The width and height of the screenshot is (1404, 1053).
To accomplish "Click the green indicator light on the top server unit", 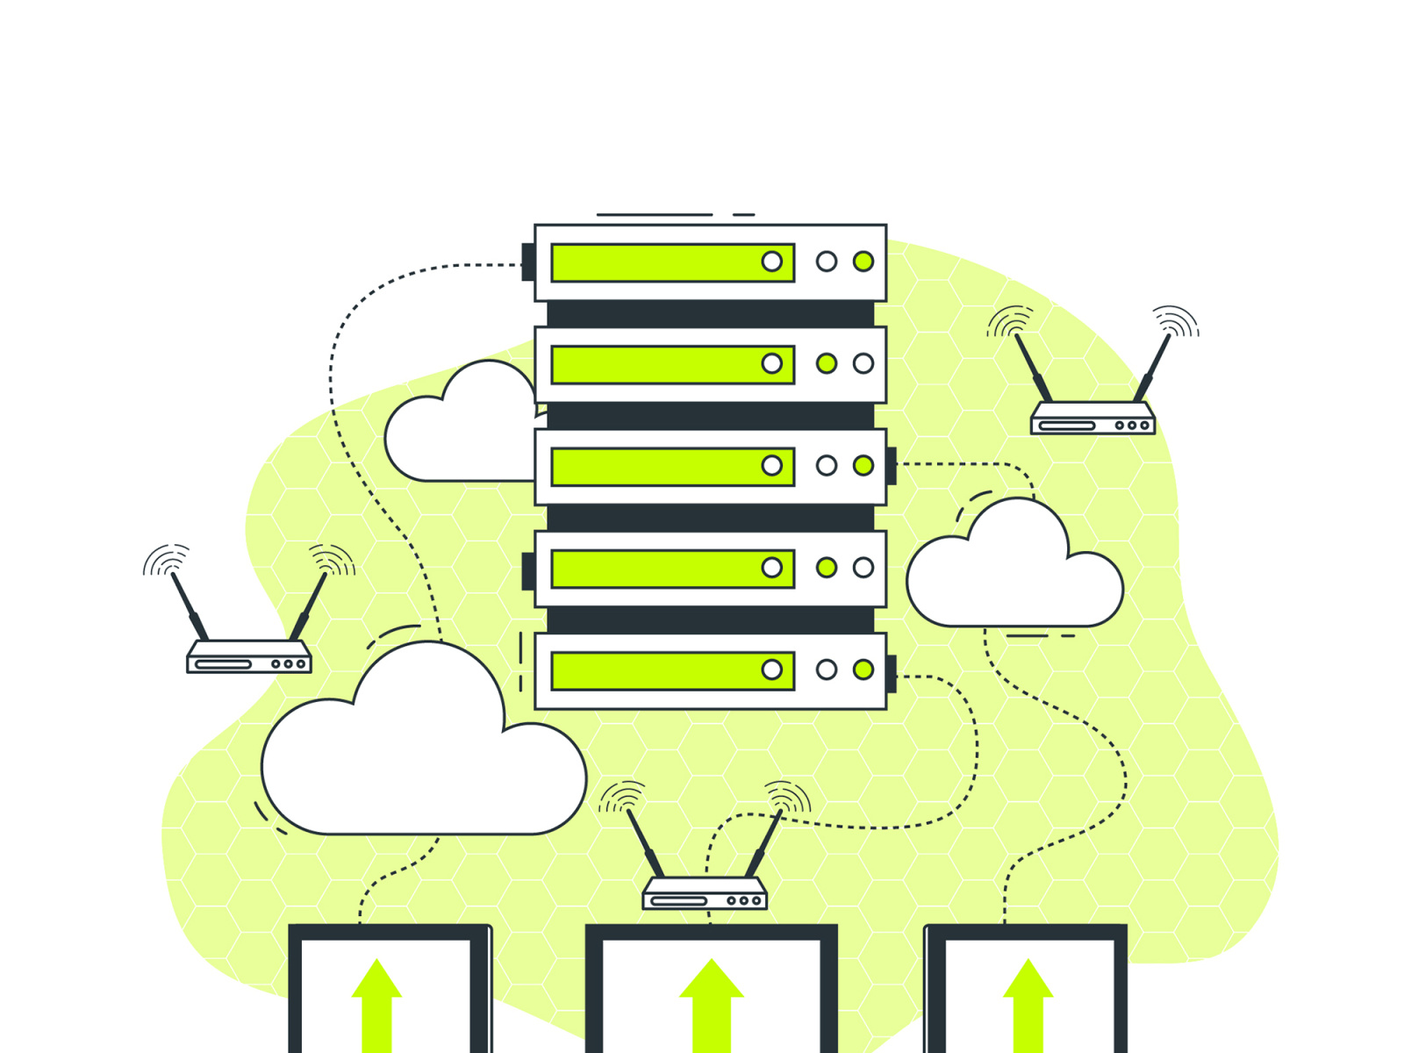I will (x=863, y=261).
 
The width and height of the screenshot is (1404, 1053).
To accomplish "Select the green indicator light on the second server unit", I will (x=827, y=363).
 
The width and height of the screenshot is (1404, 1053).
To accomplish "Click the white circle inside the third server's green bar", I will (x=772, y=465).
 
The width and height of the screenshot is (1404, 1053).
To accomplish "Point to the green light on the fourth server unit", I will (x=827, y=568).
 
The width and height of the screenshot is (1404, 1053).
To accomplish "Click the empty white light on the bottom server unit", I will (x=827, y=670).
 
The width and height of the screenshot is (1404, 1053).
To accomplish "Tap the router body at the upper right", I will (x=1092, y=419).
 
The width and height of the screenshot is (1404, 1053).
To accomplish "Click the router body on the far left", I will (x=249, y=658).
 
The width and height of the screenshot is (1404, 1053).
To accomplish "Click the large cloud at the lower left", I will (x=421, y=763).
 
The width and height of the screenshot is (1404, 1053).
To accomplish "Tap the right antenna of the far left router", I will (x=311, y=605).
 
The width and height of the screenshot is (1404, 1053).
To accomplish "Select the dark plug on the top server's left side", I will (x=528, y=262).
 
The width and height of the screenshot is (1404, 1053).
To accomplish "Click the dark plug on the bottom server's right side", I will (x=891, y=673).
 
